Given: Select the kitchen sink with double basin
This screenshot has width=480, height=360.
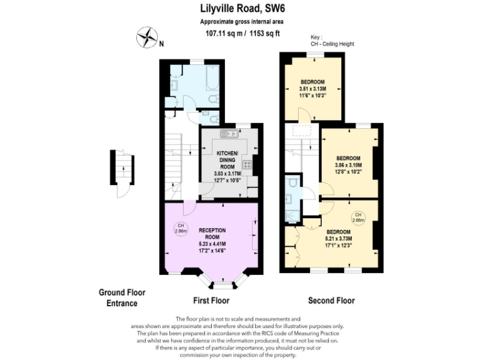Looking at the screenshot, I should [x=227, y=134].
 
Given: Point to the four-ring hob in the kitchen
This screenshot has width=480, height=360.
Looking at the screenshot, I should [x=247, y=165].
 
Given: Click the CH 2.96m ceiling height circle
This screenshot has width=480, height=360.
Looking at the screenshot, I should [x=180, y=228].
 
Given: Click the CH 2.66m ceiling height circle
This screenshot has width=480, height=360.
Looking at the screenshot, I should [x=358, y=218].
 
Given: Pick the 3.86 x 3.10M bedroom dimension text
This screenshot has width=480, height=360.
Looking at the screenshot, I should [x=348, y=165].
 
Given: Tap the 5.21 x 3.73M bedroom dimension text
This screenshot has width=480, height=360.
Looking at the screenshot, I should [x=338, y=239].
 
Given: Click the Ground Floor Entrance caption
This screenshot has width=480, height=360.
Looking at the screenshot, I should [x=117, y=297].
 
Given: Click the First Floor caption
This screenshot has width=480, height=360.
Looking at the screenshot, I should [x=211, y=301].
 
